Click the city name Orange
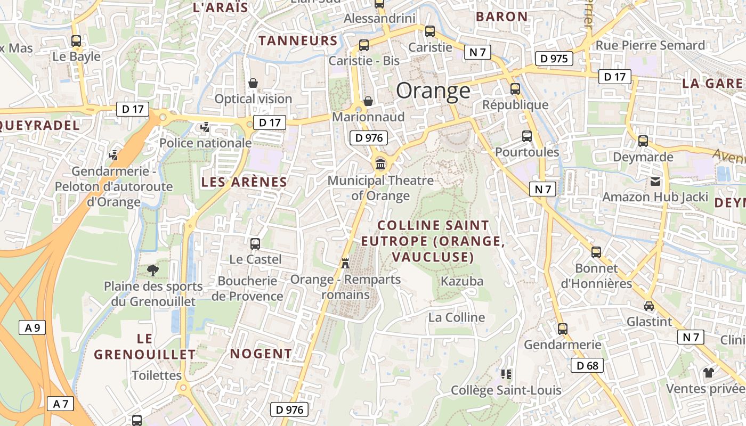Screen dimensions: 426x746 point(433,91)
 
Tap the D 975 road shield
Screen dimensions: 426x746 point(554,58)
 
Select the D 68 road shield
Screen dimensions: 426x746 point(587,365)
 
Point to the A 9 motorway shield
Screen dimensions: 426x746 point(33,327)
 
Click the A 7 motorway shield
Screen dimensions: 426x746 point(61,404)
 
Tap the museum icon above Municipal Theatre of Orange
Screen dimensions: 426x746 point(380,163)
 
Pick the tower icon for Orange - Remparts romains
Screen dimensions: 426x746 point(345,263)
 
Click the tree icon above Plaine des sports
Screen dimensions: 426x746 point(153,270)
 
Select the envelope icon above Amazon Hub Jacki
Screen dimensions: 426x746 point(655,182)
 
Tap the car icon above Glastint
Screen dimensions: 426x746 point(648,306)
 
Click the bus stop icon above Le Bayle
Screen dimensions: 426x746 point(76,40)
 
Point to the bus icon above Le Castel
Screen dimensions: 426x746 point(255,244)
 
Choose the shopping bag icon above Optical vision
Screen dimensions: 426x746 point(253,83)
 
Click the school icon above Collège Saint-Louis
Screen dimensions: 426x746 point(506,374)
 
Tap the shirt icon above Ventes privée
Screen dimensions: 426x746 point(708,372)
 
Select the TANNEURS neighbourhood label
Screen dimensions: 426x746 point(298,40)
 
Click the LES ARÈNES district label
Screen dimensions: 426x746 point(244,182)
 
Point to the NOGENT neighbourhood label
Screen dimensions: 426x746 point(261,354)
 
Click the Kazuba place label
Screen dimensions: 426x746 point(462,281)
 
